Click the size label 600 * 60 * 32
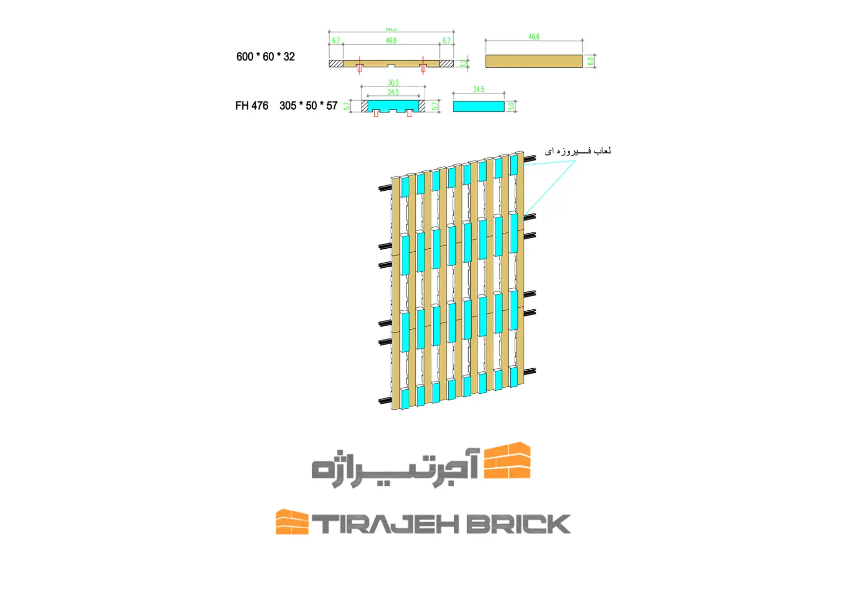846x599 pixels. click(x=265, y=57)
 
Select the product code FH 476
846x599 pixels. click(x=251, y=106)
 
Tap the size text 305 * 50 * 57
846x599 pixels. click(x=308, y=106)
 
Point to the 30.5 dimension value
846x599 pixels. click(x=393, y=83)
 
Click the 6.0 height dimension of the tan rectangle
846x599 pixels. click(x=591, y=61)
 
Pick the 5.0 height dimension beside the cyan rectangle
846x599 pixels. click(x=511, y=106)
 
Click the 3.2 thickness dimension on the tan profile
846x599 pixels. click(x=464, y=63)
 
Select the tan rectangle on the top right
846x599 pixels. click(x=534, y=61)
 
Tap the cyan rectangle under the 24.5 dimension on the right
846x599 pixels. click(x=478, y=106)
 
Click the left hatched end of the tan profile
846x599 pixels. click(x=336, y=64)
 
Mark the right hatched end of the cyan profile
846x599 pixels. click(x=422, y=106)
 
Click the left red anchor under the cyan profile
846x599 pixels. click(x=376, y=113)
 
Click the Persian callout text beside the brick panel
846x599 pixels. click(x=577, y=151)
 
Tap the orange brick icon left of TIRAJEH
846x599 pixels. click(x=292, y=522)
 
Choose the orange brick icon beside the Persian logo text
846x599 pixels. click(x=507, y=460)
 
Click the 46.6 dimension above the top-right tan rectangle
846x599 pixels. click(x=534, y=37)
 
